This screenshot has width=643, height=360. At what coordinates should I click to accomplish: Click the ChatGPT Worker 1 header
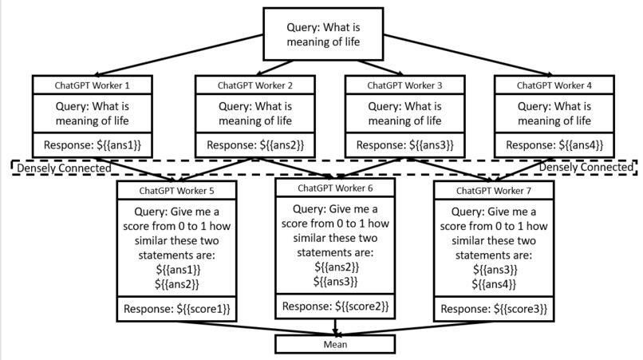(93, 85)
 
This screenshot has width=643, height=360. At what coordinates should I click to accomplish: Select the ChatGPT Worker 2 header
(255, 85)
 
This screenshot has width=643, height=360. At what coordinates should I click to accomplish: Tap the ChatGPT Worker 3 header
(404, 85)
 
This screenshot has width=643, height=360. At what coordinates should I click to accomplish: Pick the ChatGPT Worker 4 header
(554, 85)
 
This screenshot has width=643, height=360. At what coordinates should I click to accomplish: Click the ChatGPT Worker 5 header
(177, 191)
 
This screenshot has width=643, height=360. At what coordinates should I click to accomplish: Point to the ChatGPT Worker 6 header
(335, 188)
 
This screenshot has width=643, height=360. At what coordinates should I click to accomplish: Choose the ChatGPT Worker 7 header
(494, 191)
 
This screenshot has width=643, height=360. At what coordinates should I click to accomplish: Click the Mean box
(335, 344)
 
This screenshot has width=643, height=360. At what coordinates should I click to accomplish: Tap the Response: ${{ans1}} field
(93, 145)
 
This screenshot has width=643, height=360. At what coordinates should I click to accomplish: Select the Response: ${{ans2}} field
(255, 145)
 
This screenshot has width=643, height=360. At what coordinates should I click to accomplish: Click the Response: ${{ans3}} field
(404, 145)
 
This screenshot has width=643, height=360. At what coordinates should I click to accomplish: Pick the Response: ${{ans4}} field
(554, 145)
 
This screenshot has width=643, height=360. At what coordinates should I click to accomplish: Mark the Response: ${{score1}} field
(177, 309)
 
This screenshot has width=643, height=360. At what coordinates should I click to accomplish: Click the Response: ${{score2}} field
(335, 307)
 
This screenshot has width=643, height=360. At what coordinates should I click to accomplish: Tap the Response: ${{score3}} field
(494, 309)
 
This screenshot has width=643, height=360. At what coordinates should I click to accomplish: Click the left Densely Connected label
(64, 168)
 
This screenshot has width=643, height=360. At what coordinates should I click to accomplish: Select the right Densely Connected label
(586, 167)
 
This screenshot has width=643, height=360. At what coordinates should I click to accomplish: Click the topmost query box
(323, 34)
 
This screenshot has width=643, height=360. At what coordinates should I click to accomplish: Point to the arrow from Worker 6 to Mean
(335, 327)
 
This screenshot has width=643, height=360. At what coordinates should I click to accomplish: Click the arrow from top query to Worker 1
(179, 55)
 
